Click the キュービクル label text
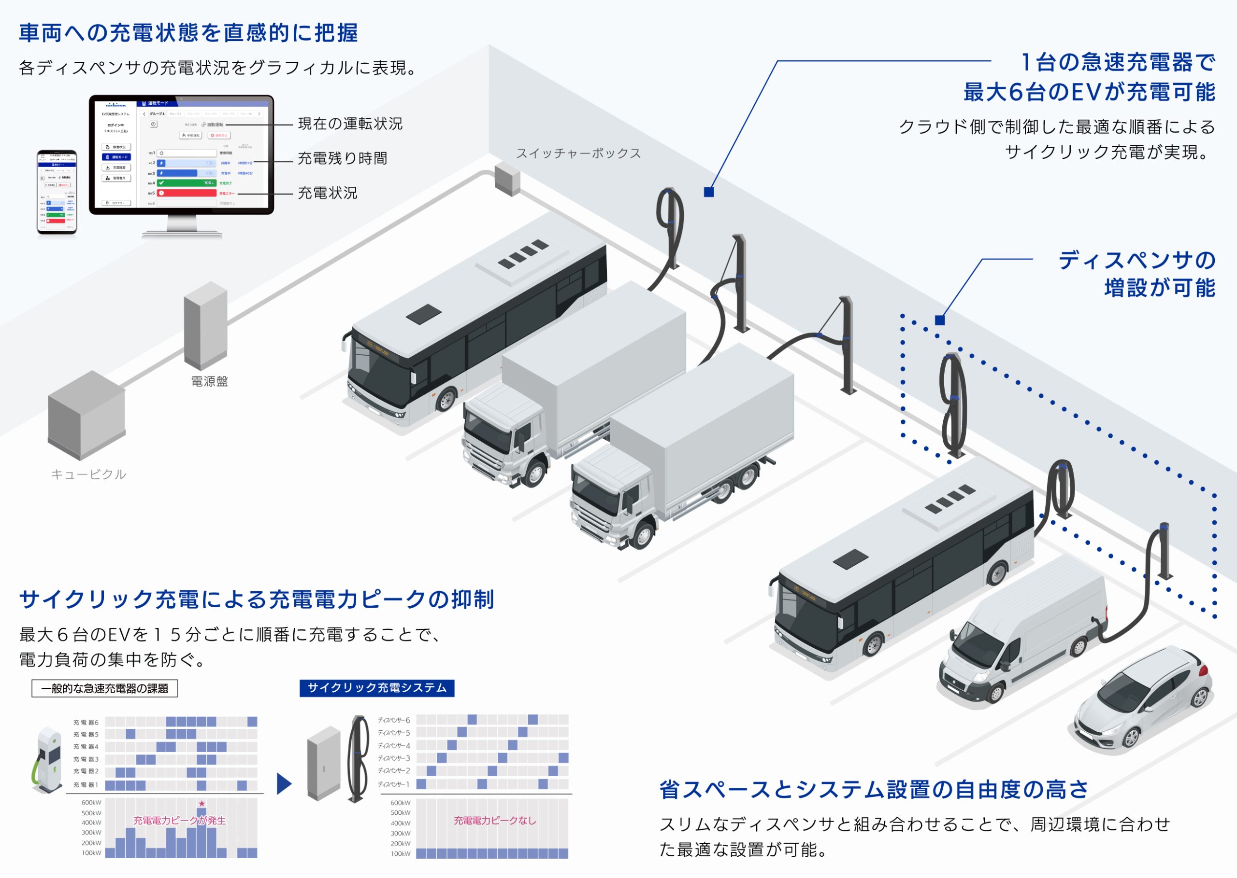pos(89,474)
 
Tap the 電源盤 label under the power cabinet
pos(209,382)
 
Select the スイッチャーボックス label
pos(578,153)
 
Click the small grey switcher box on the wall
pos(507,180)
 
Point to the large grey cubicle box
pos(86,415)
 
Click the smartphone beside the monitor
pos(57,193)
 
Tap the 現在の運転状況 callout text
pos(350,124)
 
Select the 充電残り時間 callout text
pos(343,158)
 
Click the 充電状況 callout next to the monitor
pos(328,193)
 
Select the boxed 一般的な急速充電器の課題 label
pos(104,689)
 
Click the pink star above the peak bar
pos(202,803)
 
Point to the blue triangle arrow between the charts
pos(284,784)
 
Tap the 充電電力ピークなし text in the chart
pos(495,821)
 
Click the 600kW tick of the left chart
pos(91,803)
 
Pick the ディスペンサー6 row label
pos(393,720)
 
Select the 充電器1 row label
pos(86,784)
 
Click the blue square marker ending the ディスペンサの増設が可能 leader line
pos(940,320)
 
